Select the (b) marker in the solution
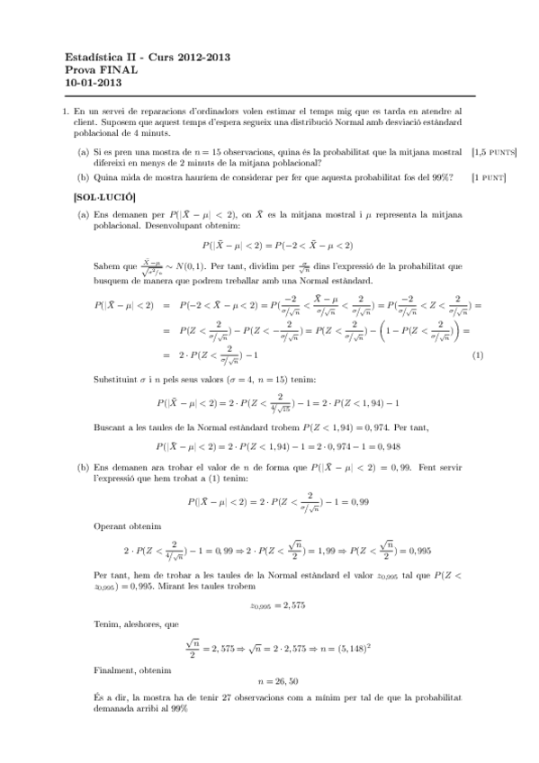(83, 469)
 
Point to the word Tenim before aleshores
(107, 624)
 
